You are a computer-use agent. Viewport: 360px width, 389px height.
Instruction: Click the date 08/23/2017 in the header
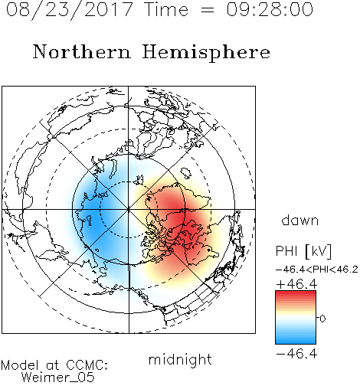pos(69,10)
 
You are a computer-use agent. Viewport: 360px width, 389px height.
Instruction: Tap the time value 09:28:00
pos(270,10)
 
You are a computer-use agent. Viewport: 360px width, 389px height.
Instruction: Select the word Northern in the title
pos(82,52)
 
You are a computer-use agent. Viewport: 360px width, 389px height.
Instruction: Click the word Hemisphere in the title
pos(206,52)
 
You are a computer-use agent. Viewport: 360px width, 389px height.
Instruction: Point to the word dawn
pos(300,220)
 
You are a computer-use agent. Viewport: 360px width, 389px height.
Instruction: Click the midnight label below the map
pos(180,359)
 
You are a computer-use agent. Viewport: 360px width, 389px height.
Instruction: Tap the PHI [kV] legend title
pos(303,251)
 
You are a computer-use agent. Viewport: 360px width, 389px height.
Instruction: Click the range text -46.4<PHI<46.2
pos(317,270)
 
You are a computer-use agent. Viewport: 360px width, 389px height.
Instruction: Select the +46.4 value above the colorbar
pos(296,284)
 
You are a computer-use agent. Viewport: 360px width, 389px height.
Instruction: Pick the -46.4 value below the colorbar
pos(296,354)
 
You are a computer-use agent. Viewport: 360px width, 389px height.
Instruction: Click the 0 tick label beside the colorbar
pos(322,319)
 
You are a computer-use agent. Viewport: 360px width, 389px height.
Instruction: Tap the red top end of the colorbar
pos(296,293)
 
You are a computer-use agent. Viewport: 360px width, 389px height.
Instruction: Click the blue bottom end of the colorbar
pos(296,342)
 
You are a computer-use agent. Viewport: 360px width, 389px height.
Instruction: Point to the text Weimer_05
pos(58,378)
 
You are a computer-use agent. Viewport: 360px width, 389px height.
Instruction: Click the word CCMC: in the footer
pos(87,365)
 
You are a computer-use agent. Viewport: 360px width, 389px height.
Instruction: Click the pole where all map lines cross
pos(129,209)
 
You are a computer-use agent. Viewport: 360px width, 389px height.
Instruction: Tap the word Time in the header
pos(166,10)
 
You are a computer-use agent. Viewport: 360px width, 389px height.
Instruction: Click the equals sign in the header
pos(208,11)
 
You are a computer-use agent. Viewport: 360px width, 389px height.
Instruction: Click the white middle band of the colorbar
pos(296,318)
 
